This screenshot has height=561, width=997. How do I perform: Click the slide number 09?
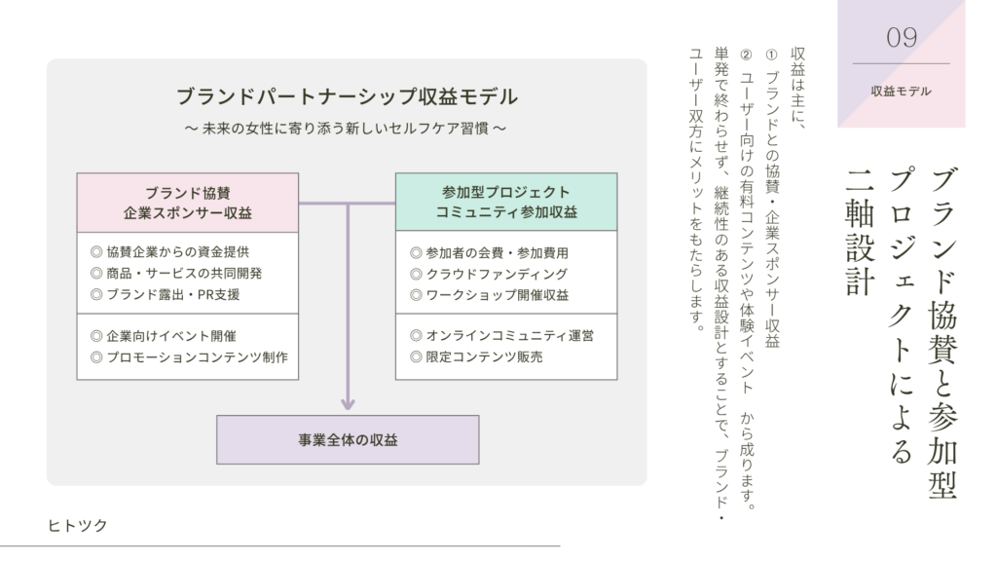(x=901, y=38)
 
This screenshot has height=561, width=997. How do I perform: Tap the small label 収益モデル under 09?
(x=901, y=92)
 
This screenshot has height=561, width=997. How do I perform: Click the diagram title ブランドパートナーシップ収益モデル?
(x=347, y=97)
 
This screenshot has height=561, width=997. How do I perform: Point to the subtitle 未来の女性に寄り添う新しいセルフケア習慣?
(x=347, y=128)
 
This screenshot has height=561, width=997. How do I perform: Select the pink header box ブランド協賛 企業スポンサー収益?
(x=188, y=203)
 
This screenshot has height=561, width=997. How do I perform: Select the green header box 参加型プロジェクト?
(x=505, y=203)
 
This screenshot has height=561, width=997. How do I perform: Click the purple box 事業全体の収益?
(x=347, y=440)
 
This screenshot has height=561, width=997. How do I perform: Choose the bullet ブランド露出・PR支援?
(x=165, y=294)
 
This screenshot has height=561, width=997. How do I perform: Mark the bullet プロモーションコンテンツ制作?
(x=189, y=357)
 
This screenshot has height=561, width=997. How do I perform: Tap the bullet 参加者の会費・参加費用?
(x=489, y=252)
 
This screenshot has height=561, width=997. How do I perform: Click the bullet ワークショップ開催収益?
(x=489, y=295)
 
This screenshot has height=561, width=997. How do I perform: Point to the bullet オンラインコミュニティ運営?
(x=502, y=335)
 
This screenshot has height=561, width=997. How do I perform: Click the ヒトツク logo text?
(x=78, y=526)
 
